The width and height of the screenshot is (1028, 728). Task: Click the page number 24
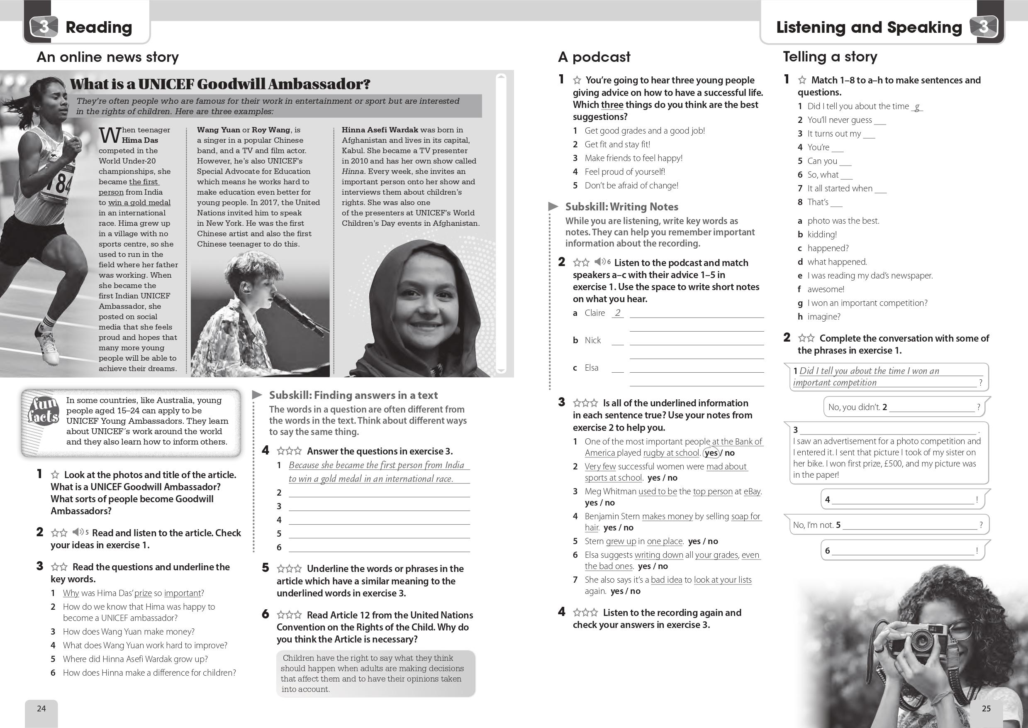tap(41, 708)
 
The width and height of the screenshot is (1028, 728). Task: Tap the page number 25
tap(986, 708)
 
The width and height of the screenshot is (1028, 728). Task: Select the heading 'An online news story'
tap(107, 57)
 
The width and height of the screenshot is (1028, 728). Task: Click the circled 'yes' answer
tap(711, 453)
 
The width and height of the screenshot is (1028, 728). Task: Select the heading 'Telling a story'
tap(830, 56)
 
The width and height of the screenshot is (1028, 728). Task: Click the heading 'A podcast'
tap(594, 57)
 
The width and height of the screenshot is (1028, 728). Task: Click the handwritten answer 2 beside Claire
tap(618, 313)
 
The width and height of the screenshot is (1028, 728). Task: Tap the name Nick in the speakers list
tap(592, 340)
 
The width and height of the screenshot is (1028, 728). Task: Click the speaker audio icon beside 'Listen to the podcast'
tap(600, 261)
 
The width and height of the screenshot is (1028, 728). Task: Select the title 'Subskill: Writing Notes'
tap(621, 207)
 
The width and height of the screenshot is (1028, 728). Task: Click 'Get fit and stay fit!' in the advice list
tap(617, 144)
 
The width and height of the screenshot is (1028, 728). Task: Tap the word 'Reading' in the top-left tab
tap(99, 27)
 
